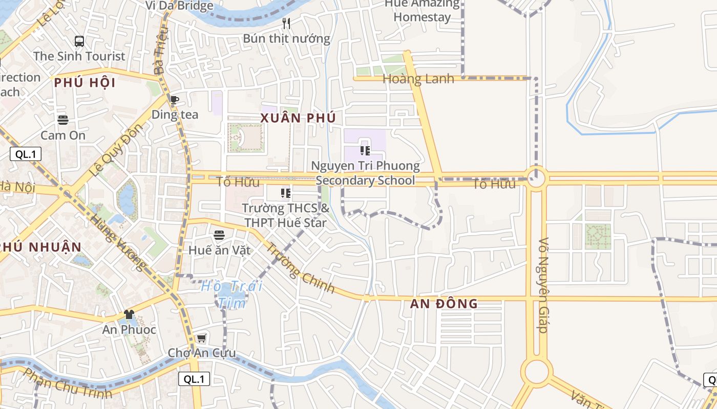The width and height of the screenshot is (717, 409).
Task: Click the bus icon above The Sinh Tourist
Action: tap(79, 41)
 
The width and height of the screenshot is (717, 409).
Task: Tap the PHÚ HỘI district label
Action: tap(85, 83)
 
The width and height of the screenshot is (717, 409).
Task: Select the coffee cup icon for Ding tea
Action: tap(175, 100)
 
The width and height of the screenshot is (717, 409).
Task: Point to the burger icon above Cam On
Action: tap(63, 120)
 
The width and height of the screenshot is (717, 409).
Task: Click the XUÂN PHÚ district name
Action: tap(298, 118)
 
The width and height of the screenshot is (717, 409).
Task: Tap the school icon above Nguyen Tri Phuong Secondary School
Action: tap(365, 150)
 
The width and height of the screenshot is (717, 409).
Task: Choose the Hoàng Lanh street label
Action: tap(418, 79)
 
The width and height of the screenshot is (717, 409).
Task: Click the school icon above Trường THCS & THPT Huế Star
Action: tap(285, 193)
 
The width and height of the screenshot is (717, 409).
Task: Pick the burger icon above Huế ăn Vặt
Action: tap(219, 235)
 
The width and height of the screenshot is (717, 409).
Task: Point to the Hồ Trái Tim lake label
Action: tap(231, 294)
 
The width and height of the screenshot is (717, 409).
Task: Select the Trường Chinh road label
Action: tap(300, 267)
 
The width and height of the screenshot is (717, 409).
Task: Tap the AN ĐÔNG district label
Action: tap(444, 304)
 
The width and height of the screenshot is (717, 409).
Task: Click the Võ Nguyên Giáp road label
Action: tap(543, 285)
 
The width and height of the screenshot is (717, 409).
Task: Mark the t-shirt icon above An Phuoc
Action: tap(129, 314)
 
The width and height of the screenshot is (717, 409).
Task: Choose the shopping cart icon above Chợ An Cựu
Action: tap(202, 338)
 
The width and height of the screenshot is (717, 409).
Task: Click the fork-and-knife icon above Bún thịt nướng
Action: tap(286, 24)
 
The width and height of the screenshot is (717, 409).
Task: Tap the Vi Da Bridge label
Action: tap(179, 6)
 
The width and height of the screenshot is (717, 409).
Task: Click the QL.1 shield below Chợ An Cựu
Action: tap(194, 379)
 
